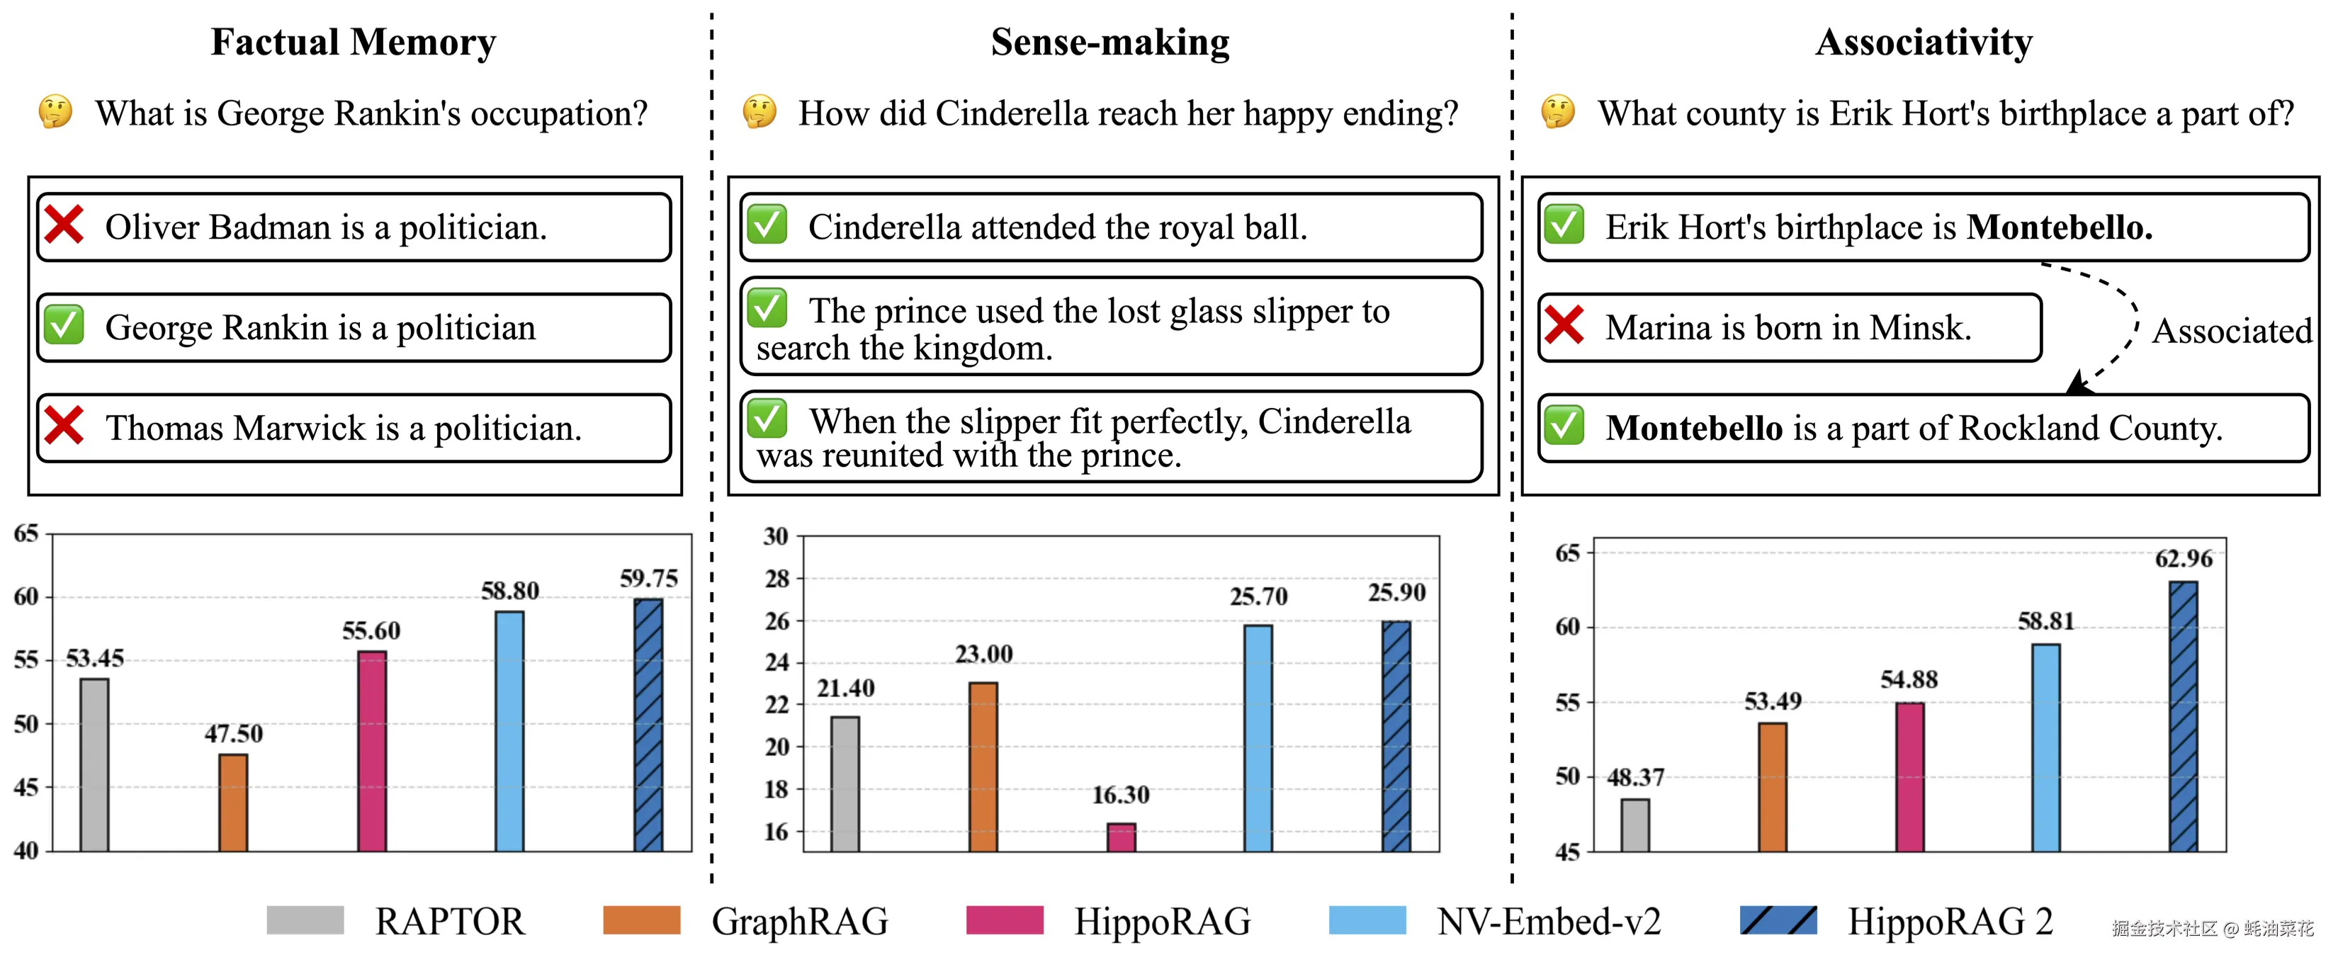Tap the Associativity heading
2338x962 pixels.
point(1924,43)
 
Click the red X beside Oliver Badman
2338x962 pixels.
point(64,225)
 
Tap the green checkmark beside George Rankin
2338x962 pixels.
point(64,325)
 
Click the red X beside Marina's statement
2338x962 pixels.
point(1564,325)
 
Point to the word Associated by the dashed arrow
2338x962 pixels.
point(2232,332)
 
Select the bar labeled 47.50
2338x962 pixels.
point(233,803)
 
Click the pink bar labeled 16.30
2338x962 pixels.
point(1121,837)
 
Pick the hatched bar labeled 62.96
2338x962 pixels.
point(2183,716)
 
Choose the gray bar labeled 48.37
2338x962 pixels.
point(1634,825)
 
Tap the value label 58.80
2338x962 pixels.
point(509,592)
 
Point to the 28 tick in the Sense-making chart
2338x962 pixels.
point(777,578)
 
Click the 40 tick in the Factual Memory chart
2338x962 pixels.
point(26,850)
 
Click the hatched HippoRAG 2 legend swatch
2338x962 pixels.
point(1778,920)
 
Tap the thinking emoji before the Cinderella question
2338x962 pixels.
point(759,113)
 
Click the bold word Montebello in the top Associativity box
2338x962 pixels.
point(2058,227)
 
